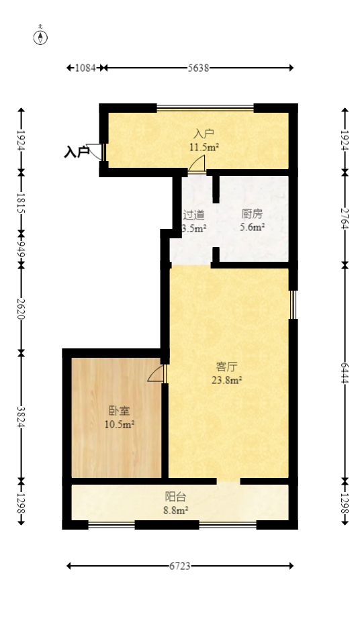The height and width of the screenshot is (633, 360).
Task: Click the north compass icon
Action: click(41, 36)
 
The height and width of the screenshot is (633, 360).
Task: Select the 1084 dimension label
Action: click(85, 68)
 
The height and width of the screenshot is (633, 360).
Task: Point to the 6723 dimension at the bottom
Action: click(180, 566)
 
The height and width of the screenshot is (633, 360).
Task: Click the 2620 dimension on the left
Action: click(21, 308)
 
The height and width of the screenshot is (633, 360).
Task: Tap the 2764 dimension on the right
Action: click(344, 217)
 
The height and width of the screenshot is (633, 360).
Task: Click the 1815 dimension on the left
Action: click(21, 203)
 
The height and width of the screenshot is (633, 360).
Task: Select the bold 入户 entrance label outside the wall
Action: click(77, 152)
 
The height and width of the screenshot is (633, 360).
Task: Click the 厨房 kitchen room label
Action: click(252, 215)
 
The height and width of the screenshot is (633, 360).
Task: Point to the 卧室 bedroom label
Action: click(119, 411)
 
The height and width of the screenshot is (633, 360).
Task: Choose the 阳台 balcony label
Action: click(176, 497)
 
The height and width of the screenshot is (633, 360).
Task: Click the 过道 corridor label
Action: click(194, 215)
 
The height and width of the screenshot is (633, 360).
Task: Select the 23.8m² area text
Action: click(227, 379)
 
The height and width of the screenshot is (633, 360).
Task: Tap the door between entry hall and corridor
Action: click(197, 164)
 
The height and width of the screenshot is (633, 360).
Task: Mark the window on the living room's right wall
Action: click(293, 304)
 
